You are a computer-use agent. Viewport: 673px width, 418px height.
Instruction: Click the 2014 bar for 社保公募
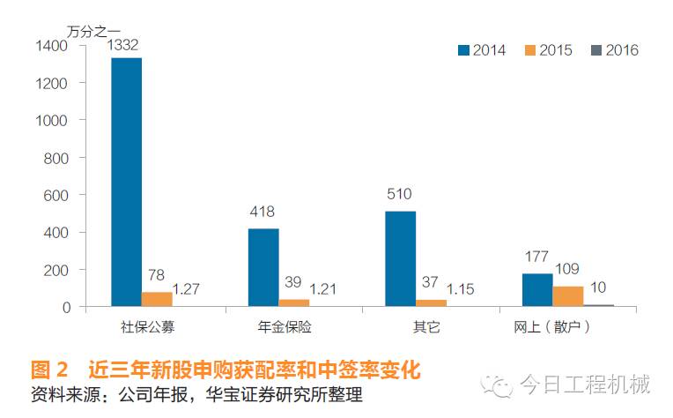(x=126, y=182)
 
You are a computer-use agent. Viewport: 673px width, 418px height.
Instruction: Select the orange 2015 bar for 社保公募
(x=157, y=299)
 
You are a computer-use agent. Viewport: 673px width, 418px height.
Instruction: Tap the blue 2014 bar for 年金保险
(x=263, y=267)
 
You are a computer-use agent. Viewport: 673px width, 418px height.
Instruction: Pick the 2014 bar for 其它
(x=400, y=258)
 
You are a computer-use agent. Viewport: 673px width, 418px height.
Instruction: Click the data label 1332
(x=126, y=44)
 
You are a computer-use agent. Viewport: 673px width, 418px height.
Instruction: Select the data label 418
(x=263, y=212)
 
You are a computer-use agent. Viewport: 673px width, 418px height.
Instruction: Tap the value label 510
(x=399, y=194)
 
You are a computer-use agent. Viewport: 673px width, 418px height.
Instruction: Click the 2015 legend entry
(x=547, y=50)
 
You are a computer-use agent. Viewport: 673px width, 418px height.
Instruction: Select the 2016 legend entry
(x=613, y=50)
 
